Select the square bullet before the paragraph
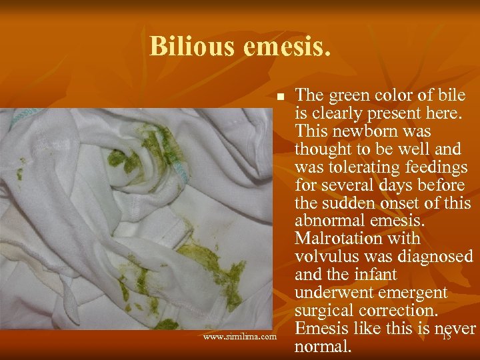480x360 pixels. [281, 97]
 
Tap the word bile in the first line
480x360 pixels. [453, 95]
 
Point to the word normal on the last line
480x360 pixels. [323, 347]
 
